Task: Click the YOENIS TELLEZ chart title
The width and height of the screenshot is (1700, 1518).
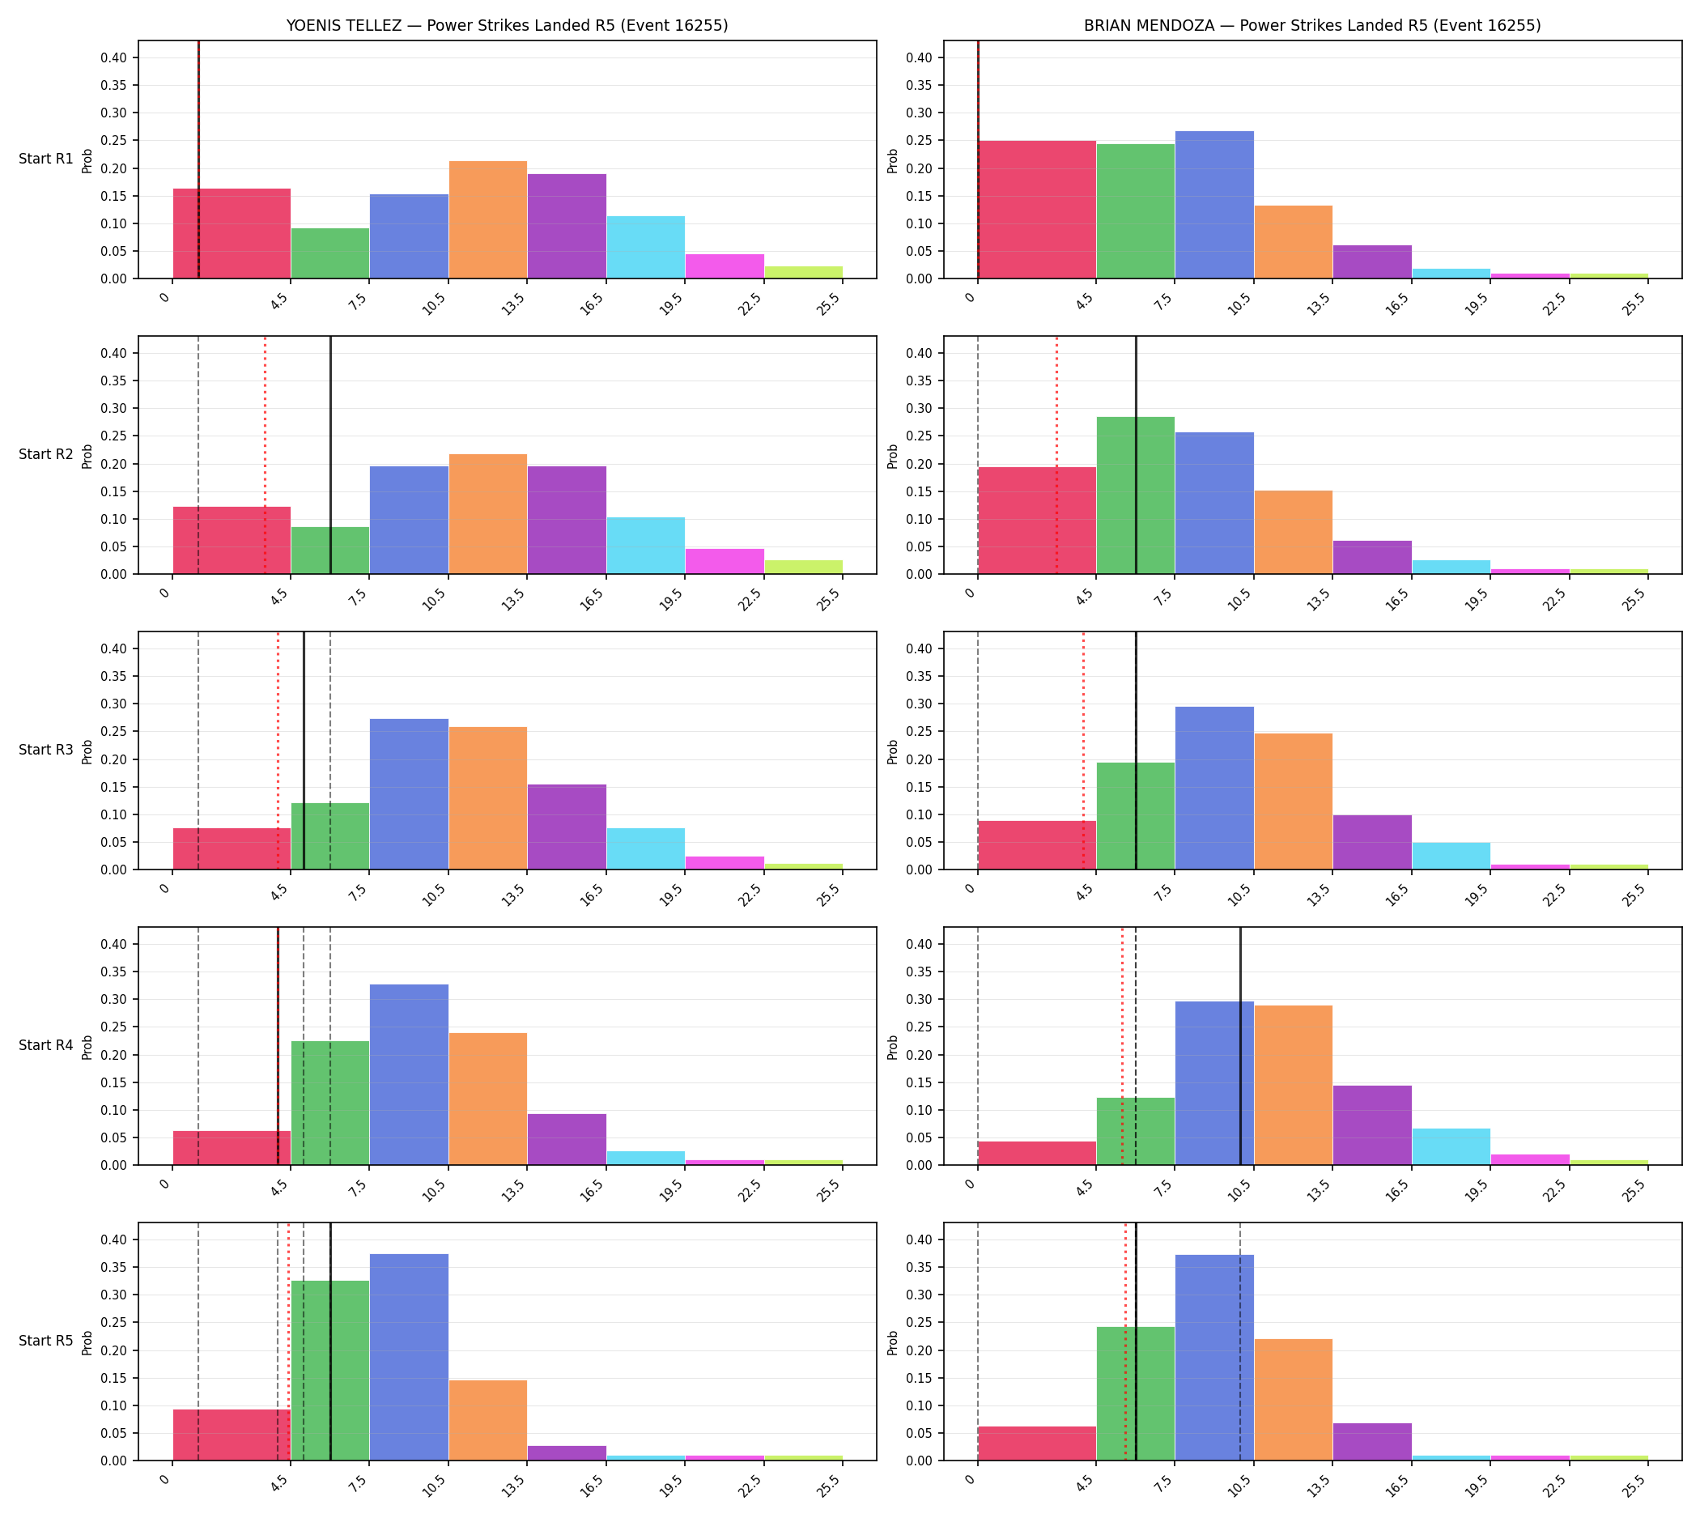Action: pos(507,26)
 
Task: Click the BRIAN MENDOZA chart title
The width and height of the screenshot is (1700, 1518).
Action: pos(1312,26)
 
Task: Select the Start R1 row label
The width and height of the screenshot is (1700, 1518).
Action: pos(47,159)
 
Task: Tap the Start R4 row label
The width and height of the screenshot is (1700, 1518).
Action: pos(47,1045)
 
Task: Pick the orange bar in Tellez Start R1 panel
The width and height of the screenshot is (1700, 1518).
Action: pos(488,219)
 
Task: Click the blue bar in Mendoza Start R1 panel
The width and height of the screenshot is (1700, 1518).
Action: pos(1214,204)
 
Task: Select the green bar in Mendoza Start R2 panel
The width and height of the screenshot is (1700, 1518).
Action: pos(1135,495)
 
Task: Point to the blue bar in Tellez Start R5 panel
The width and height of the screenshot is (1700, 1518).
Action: pos(409,1357)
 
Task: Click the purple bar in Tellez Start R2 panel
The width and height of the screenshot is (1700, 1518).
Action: pos(567,520)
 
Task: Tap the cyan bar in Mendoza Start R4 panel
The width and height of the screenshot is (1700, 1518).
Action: pos(1451,1147)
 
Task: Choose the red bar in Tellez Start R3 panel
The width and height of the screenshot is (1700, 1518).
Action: pos(232,848)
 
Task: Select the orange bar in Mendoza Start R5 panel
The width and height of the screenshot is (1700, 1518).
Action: pos(1293,1400)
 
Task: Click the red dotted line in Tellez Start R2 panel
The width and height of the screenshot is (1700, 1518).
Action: pos(266,455)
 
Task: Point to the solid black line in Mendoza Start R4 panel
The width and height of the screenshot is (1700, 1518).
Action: pos(1240,1046)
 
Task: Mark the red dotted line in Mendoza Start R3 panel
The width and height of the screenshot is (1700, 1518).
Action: pos(1084,750)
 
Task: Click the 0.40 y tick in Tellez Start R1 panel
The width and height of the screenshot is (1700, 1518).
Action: pos(114,57)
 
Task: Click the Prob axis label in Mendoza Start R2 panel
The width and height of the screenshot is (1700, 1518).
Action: pos(893,455)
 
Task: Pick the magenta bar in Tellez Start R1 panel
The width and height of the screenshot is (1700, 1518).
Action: pos(725,266)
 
